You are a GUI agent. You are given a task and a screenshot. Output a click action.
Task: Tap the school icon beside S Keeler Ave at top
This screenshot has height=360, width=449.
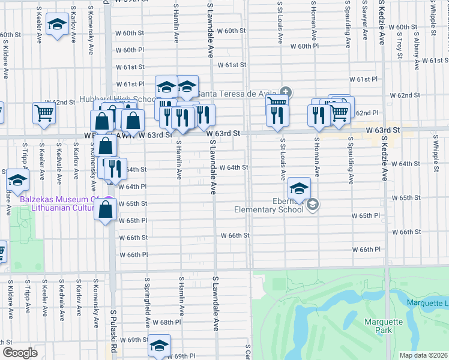click(x=57, y=25)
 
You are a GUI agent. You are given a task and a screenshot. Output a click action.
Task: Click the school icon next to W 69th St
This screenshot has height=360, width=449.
click(x=159, y=346)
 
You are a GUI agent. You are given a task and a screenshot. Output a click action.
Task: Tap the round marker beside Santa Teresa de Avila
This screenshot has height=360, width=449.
click(x=286, y=92)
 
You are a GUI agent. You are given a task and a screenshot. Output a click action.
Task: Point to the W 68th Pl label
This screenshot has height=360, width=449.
click(x=166, y=323)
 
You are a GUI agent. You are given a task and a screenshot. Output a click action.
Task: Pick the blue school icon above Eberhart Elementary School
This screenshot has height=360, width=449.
click(x=299, y=188)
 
